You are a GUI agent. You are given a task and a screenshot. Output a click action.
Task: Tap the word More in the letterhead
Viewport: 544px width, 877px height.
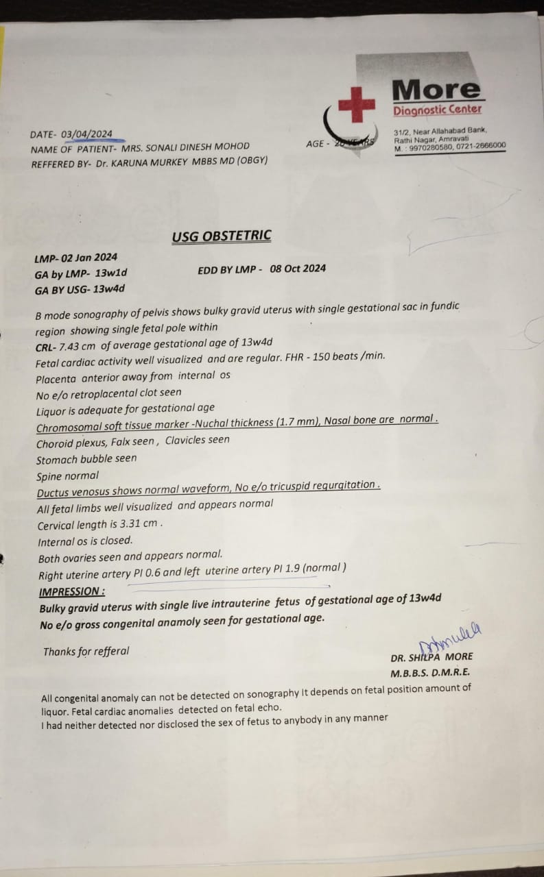(x=436, y=89)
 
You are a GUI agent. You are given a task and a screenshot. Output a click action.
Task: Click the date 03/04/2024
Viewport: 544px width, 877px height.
(x=86, y=134)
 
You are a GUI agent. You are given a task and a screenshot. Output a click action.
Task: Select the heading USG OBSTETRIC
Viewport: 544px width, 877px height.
(x=222, y=236)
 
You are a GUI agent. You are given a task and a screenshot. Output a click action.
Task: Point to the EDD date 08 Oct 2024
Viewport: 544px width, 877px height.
(x=298, y=269)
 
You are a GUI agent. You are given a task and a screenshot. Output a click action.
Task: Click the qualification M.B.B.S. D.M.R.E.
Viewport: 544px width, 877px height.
(x=430, y=673)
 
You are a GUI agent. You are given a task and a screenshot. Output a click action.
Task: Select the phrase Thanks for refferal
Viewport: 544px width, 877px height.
(x=86, y=651)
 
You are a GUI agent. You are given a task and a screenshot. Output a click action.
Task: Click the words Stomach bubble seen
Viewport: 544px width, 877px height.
(x=86, y=458)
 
